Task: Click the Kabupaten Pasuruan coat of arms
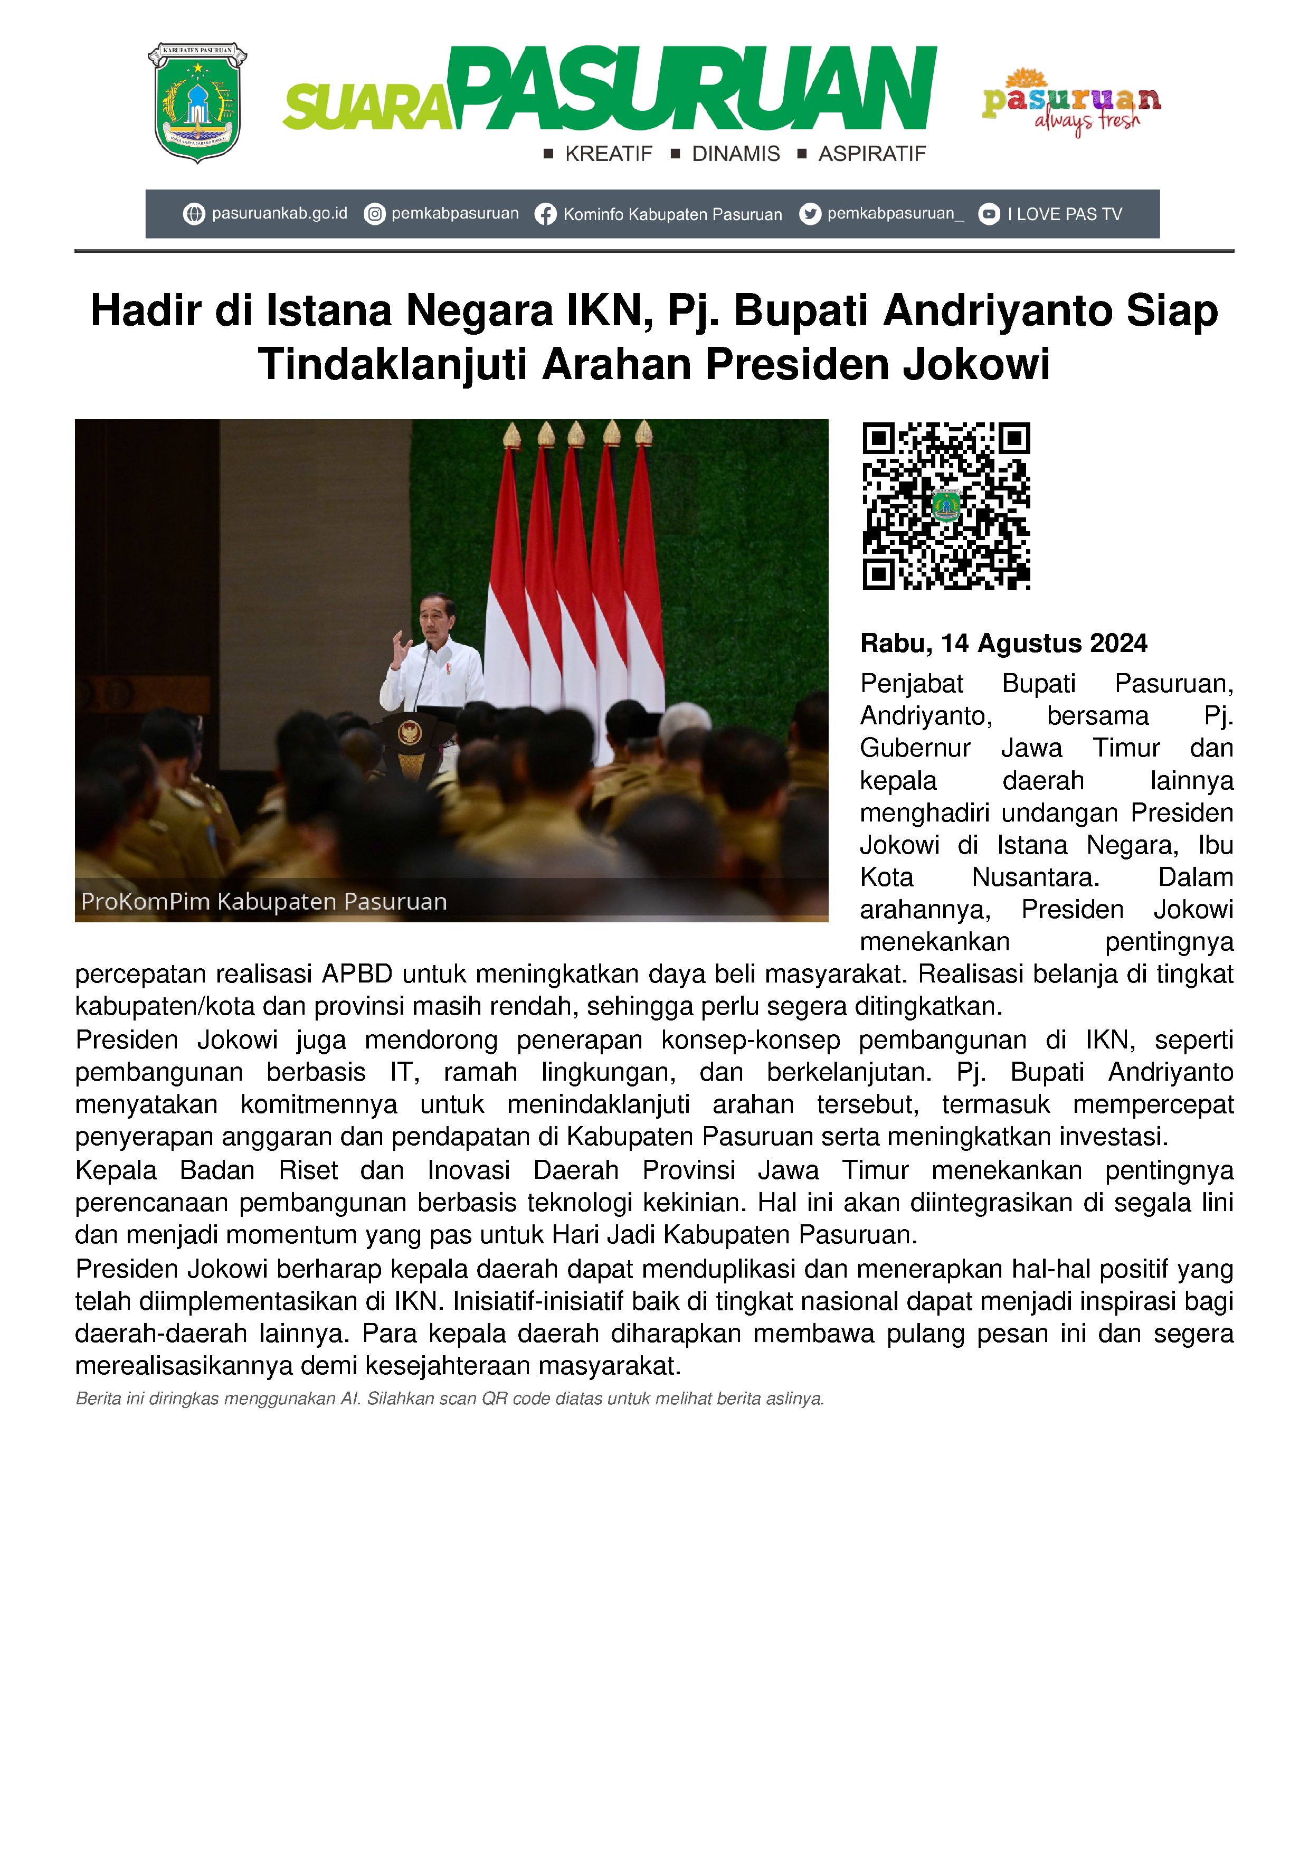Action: click(x=197, y=102)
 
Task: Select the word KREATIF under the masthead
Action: click(x=608, y=154)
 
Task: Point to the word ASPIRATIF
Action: click(x=872, y=154)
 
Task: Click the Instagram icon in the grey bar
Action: click(x=374, y=214)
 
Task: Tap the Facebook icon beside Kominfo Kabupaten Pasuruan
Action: click(x=546, y=214)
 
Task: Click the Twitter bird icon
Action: click(x=810, y=214)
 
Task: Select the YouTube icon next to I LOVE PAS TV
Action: click(x=989, y=214)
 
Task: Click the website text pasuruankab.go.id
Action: click(x=279, y=214)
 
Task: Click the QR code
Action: click(x=946, y=506)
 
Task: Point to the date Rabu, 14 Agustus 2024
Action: click(x=1003, y=644)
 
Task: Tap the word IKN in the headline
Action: click(x=608, y=311)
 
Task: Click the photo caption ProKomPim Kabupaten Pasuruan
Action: click(x=264, y=902)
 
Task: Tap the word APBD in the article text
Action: click(x=357, y=975)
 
